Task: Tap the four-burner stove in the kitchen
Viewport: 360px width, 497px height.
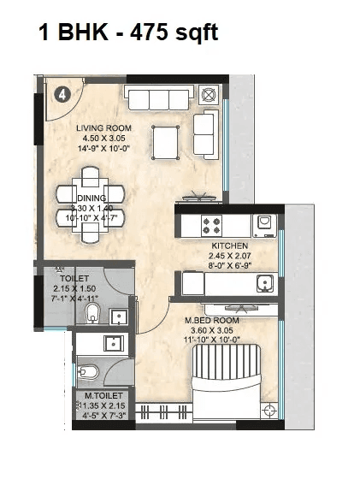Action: click(213, 226)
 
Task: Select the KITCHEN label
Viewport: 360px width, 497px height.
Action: click(230, 246)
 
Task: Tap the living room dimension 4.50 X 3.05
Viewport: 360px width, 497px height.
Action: click(100, 139)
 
